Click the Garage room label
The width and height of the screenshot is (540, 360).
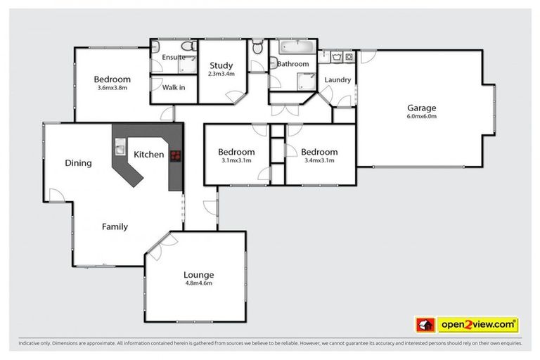coord(421,108)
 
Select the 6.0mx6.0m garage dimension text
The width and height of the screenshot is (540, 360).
coord(421,117)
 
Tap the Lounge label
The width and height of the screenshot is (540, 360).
coord(198,275)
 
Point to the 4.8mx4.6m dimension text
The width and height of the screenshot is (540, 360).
coord(198,283)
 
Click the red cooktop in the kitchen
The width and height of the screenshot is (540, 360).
coord(174,157)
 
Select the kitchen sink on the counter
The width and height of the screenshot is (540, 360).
coord(119,149)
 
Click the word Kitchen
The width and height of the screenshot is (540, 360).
coord(149,155)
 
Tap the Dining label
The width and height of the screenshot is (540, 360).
coord(78,163)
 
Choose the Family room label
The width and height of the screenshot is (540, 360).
coord(115,226)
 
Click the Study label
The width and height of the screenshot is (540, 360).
coord(221,66)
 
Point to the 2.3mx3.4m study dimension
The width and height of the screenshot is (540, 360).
coord(221,74)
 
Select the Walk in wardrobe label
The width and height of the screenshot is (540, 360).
coord(174,88)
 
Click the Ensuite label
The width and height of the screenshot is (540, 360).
coord(173,57)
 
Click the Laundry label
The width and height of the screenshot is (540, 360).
coord(337,79)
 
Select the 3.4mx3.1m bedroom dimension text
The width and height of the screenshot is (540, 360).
coord(319,160)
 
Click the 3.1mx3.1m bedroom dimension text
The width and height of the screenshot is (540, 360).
coord(236,160)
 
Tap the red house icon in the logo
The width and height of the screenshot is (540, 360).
coord(424,324)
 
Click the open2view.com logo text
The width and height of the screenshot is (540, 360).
coord(477,324)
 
